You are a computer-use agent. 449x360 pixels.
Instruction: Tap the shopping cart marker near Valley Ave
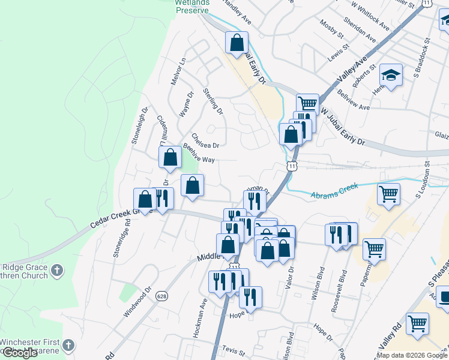[x=307, y=104]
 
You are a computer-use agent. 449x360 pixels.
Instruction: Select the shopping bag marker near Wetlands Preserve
[x=237, y=43]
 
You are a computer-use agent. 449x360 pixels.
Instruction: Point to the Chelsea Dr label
[x=205, y=140]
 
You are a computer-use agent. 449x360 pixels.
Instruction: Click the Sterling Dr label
[x=213, y=102]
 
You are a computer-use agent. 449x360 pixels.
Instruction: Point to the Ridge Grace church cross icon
[x=58, y=270]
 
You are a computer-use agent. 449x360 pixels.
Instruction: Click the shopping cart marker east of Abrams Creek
[x=388, y=194]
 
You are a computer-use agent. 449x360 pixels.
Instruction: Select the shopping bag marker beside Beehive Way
[x=170, y=158]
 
